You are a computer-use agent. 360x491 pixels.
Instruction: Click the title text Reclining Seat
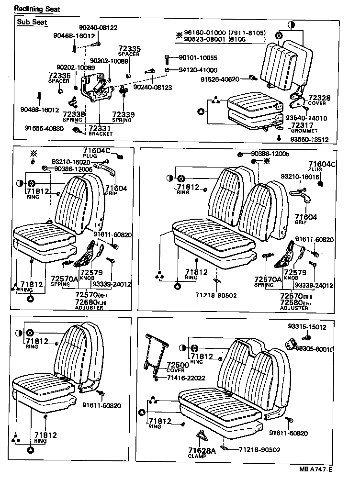tap(34, 9)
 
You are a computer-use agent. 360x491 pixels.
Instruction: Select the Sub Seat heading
tap(30, 22)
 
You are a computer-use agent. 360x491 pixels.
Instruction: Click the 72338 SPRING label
tap(74, 116)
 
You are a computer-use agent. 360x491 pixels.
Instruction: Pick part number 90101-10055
tap(198, 58)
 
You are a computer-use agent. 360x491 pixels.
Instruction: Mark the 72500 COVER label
tap(178, 367)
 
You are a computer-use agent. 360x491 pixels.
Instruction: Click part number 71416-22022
tap(186, 378)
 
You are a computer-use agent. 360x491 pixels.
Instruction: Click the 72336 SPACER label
tap(59, 78)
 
